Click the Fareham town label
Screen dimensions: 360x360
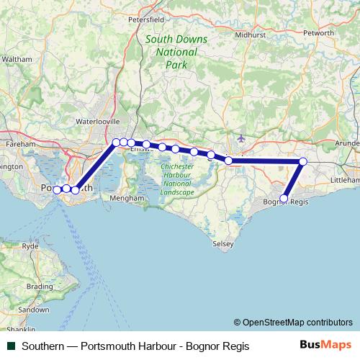[x=21, y=144]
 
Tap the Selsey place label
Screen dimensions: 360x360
[x=223, y=244]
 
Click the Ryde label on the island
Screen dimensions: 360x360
[x=31, y=246]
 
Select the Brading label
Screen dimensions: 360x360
[x=40, y=286]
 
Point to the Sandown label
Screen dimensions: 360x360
[x=34, y=309]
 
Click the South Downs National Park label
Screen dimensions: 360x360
[x=166, y=52]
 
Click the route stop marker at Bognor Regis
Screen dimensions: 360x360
[x=284, y=198]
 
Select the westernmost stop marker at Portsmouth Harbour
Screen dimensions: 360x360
[x=57, y=189]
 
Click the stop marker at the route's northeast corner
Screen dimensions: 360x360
[x=303, y=162]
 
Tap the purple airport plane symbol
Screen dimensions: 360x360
[x=240, y=138]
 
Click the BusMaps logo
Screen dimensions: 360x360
[x=325, y=346]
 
